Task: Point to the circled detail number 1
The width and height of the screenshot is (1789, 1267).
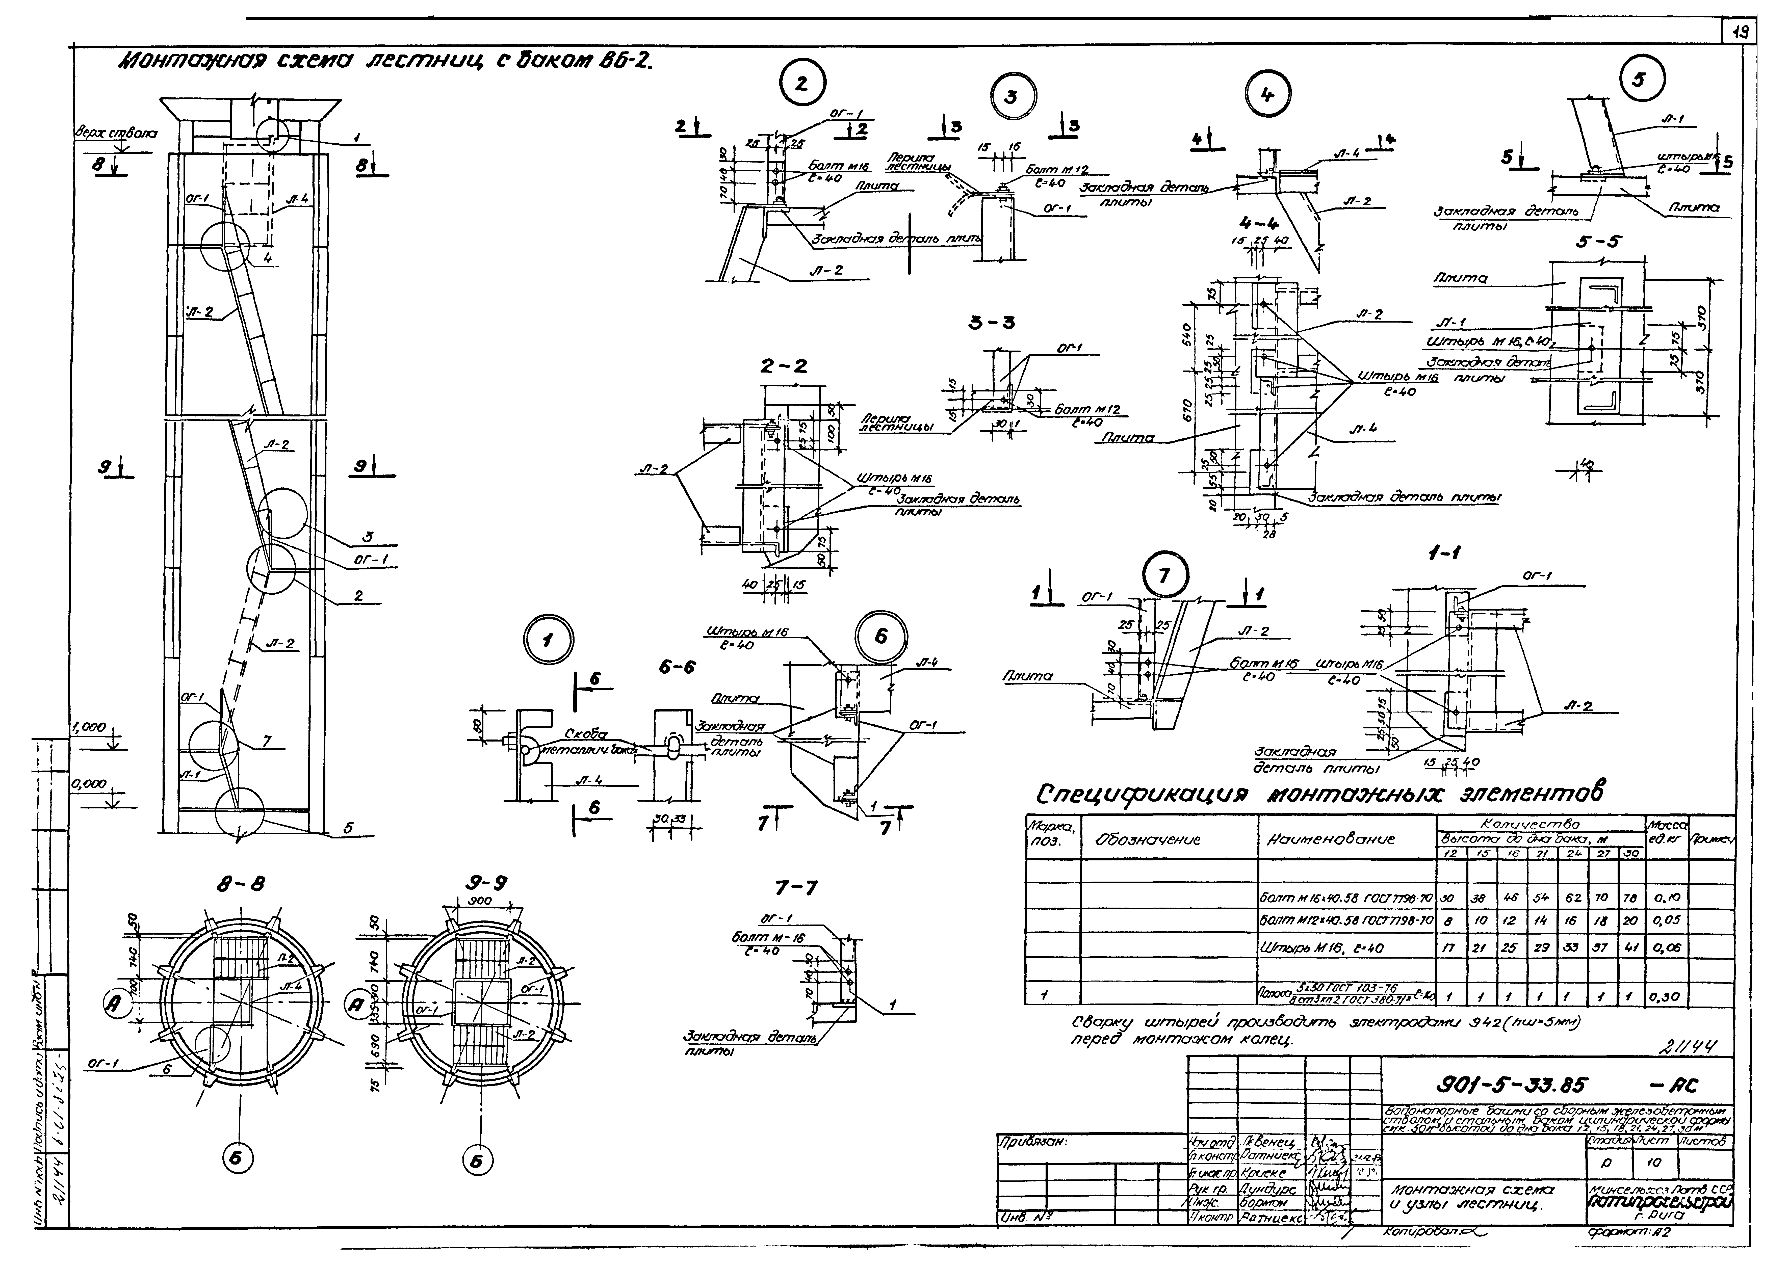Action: point(549,641)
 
